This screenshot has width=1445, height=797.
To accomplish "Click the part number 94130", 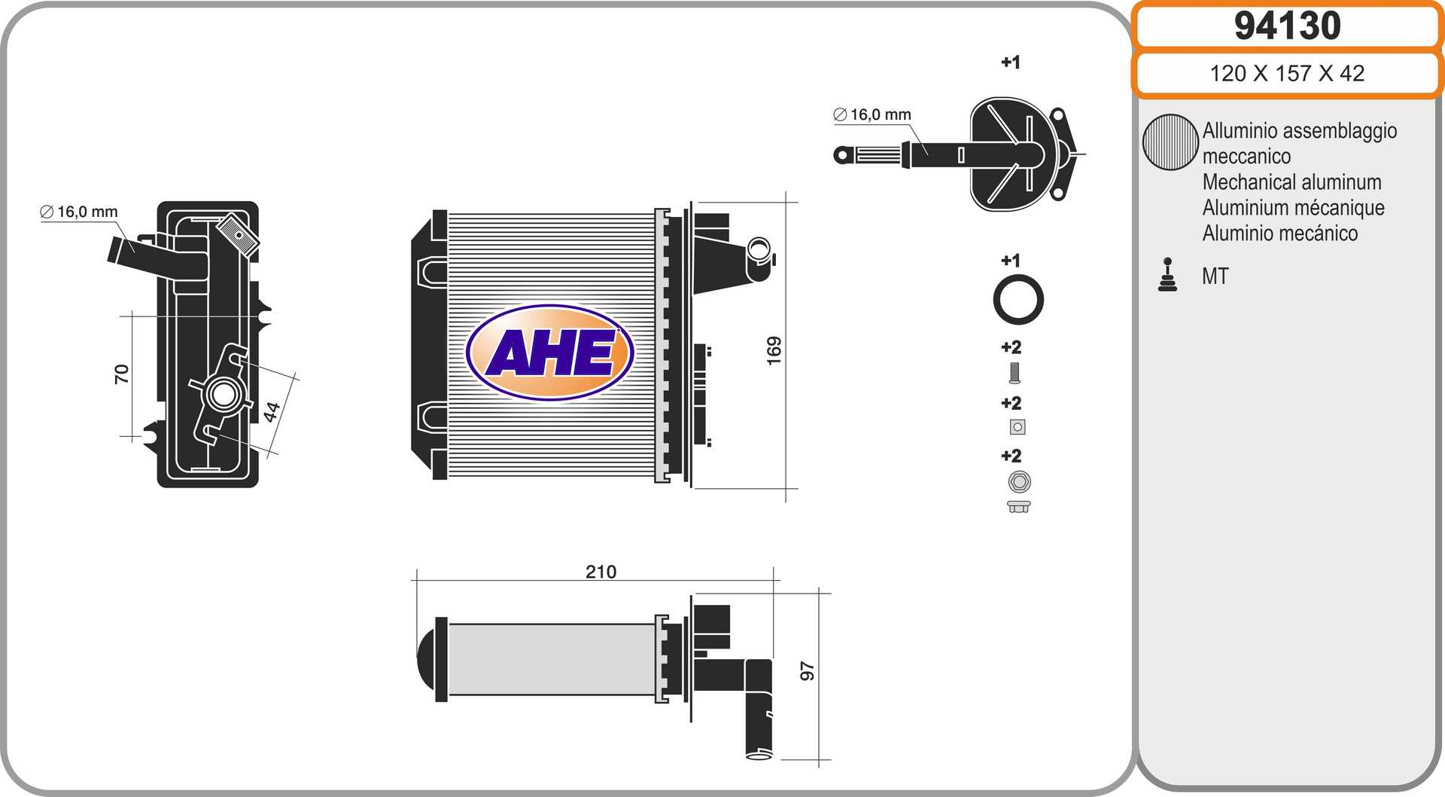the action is tap(1287, 26).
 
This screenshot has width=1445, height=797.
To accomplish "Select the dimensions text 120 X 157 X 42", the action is tap(1287, 73).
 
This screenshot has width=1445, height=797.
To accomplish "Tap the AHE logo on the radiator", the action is tap(550, 352).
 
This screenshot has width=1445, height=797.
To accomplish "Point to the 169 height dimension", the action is tap(774, 351).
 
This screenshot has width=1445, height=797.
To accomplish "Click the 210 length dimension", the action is tap(601, 572).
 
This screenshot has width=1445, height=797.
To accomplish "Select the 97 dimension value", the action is tap(807, 671).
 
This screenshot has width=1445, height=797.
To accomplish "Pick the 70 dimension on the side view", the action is tap(121, 374).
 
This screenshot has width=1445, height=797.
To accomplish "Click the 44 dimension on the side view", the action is tap(272, 411).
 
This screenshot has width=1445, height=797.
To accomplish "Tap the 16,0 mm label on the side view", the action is tap(79, 212).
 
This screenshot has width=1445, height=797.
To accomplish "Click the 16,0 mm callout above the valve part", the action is tap(872, 115).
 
